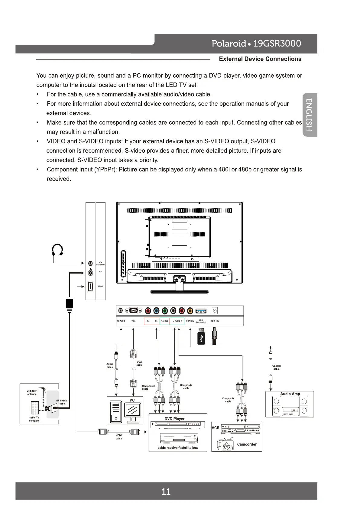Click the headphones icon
click(57, 250)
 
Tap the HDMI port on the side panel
click(90, 286)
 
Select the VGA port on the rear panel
click(133, 311)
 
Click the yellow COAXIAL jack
click(190, 311)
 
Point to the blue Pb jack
click(156, 311)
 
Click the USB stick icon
click(201, 338)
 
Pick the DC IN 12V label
click(215, 321)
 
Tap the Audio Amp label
click(290, 394)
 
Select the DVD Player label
click(174, 419)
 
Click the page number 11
click(166, 492)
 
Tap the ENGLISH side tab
click(309, 115)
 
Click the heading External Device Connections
click(260, 59)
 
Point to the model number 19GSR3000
click(277, 44)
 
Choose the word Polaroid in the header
click(229, 44)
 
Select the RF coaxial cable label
click(62, 402)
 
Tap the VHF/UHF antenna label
click(32, 392)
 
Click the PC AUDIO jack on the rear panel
click(121, 311)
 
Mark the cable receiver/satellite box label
click(178, 448)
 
